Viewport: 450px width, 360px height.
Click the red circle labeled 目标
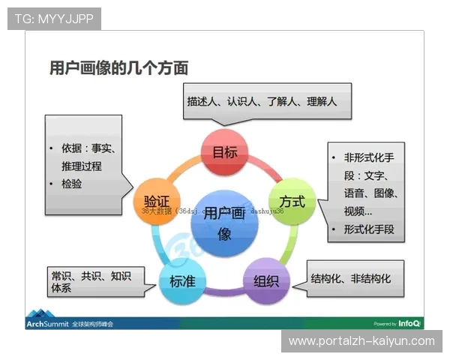click(225, 153)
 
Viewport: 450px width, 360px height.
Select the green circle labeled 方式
click(292, 202)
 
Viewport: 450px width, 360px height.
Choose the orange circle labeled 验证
click(156, 201)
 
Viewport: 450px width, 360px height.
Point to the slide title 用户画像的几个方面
click(118, 68)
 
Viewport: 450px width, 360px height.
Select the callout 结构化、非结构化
click(351, 278)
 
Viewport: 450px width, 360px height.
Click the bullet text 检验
click(73, 184)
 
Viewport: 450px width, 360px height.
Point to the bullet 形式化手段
click(368, 229)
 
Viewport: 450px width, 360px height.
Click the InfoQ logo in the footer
click(409, 323)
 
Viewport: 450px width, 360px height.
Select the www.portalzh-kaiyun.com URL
click(361, 341)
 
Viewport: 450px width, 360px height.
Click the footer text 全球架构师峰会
click(97, 323)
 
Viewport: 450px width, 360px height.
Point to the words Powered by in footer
click(384, 324)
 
